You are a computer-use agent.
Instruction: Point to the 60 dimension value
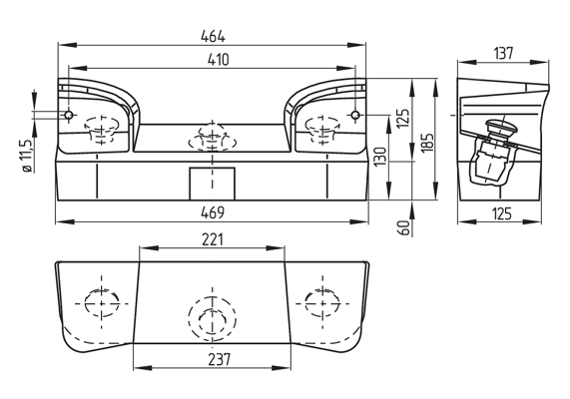click(403, 228)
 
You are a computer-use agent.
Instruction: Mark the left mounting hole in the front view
click(69, 117)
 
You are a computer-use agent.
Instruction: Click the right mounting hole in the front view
click(352, 117)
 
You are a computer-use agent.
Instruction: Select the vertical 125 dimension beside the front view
click(402, 119)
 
